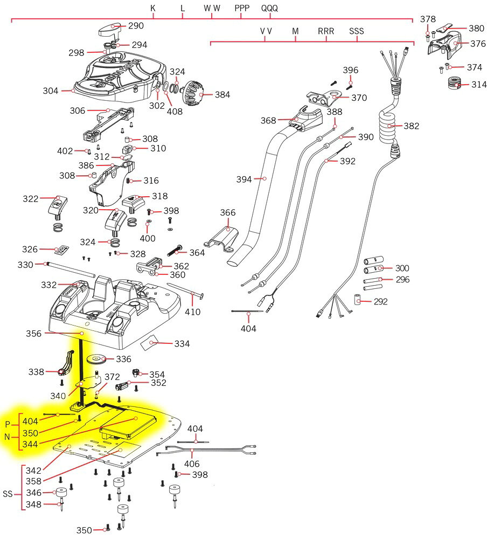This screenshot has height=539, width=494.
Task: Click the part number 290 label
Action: [136, 26]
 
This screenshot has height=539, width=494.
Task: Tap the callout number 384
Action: [222, 95]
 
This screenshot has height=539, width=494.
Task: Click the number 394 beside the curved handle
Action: [244, 179]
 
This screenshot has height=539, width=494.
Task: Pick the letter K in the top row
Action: [153, 9]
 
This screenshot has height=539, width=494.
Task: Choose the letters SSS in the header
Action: [356, 31]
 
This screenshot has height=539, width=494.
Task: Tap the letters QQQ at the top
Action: [270, 9]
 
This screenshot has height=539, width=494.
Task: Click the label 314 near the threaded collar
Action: [478, 85]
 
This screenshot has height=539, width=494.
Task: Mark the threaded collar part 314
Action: [456, 85]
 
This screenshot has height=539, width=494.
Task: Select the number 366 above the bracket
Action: [228, 213]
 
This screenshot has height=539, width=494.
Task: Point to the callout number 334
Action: [181, 344]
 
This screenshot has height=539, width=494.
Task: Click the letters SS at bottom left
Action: [8, 494]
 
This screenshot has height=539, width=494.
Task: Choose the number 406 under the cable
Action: [192, 464]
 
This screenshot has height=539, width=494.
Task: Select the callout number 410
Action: [192, 312]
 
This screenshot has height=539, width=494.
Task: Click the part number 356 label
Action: [34, 334]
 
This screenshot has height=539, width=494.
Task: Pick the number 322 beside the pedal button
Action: [30, 199]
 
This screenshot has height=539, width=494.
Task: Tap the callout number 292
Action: [380, 302]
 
